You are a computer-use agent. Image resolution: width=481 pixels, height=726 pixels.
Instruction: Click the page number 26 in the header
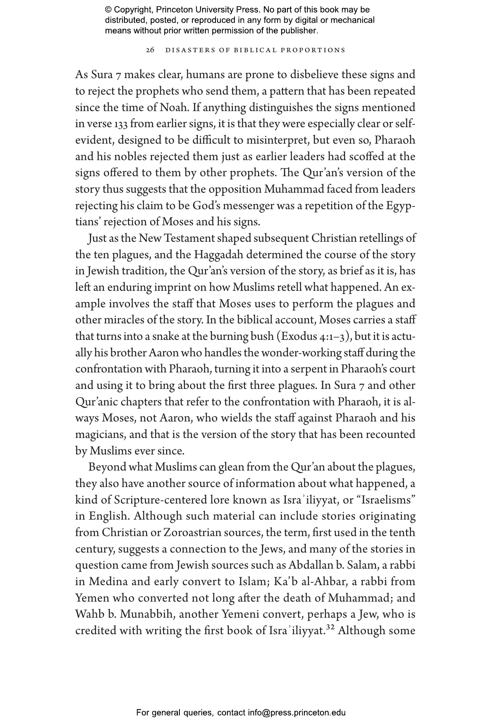pos(150,50)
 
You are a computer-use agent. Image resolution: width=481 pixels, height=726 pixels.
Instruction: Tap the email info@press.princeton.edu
pos(296,712)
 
